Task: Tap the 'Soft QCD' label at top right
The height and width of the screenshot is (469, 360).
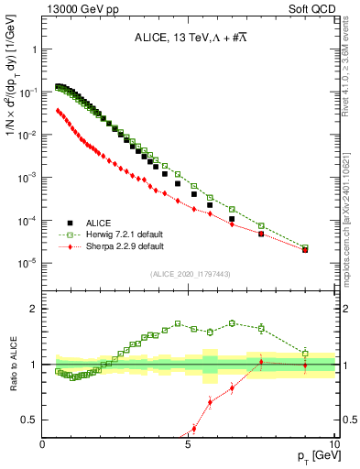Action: tap(312, 8)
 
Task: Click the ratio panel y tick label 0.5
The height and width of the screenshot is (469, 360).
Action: tap(30, 420)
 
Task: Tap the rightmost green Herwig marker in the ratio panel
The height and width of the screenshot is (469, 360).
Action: tap(305, 354)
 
